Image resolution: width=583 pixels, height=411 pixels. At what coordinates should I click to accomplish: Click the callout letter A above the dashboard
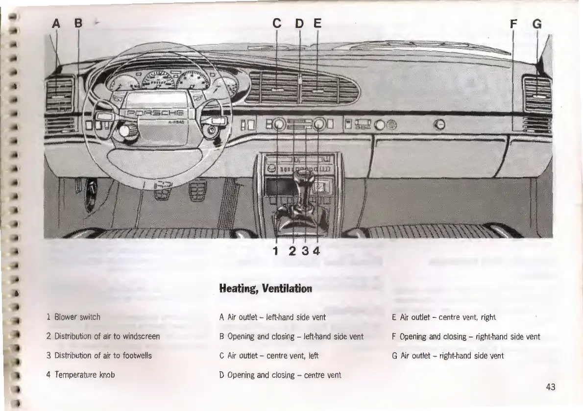pos(57,23)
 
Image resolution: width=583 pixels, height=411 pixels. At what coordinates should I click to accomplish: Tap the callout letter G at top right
pos(537,23)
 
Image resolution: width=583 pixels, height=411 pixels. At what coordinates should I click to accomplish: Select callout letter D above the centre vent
pos(299,23)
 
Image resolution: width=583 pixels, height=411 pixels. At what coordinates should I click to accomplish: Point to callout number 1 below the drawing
pos(276,251)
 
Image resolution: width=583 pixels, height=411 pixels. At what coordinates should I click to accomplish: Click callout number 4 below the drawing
pos(316,251)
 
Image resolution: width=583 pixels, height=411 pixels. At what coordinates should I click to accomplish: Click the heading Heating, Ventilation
pos(265,288)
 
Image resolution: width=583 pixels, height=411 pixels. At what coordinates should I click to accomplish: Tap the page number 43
pos(550,387)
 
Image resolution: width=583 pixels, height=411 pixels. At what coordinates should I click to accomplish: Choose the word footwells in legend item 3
pos(133,356)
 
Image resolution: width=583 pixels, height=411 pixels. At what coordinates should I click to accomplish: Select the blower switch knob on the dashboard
pos(278,125)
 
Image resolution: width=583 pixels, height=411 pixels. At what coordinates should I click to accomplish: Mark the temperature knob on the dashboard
pos(319,125)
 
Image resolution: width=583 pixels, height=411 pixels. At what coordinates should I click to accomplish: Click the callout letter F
pos(513,23)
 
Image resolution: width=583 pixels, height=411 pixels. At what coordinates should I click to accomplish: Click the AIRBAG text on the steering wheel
pos(176,122)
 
